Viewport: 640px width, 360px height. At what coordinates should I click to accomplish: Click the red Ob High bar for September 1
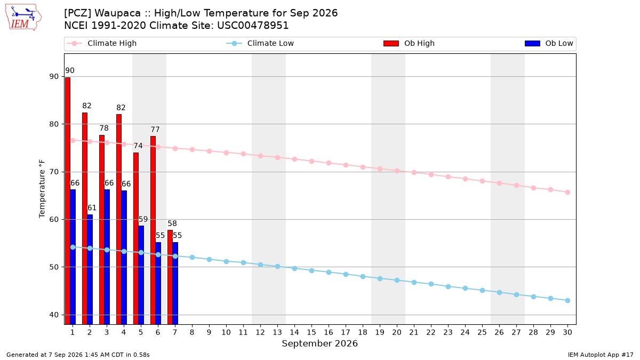[x=68, y=201]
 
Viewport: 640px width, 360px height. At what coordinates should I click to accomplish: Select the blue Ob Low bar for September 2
[x=90, y=269]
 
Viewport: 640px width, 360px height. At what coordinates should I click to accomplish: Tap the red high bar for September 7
[x=170, y=277]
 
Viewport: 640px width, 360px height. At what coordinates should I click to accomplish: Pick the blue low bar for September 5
[x=141, y=275]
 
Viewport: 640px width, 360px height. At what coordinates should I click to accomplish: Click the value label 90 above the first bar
[x=70, y=70]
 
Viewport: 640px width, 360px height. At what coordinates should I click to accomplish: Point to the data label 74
[x=138, y=146]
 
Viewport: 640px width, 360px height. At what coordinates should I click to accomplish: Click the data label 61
[x=92, y=207]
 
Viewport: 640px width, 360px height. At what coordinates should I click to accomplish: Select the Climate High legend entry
[x=102, y=43]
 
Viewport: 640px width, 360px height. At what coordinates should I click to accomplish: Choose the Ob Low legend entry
[x=549, y=43]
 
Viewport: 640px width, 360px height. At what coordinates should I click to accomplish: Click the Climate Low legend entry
[x=260, y=43]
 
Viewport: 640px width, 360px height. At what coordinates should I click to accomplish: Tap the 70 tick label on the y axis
[x=54, y=172]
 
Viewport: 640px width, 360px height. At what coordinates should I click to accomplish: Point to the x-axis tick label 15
[x=311, y=332]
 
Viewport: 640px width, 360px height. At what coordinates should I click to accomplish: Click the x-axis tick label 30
[x=567, y=332]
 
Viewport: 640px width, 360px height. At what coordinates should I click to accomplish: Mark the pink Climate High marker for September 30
[x=567, y=193]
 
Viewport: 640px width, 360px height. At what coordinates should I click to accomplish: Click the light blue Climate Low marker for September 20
[x=397, y=281]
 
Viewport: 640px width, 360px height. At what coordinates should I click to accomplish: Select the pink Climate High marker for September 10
[x=226, y=153]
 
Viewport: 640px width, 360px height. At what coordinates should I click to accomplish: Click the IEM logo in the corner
[x=23, y=18]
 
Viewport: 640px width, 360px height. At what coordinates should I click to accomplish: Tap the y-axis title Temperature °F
[x=42, y=189]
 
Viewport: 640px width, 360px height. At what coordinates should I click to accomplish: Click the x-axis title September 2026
[x=319, y=343]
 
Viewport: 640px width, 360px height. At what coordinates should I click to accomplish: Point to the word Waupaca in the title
[x=118, y=13]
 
